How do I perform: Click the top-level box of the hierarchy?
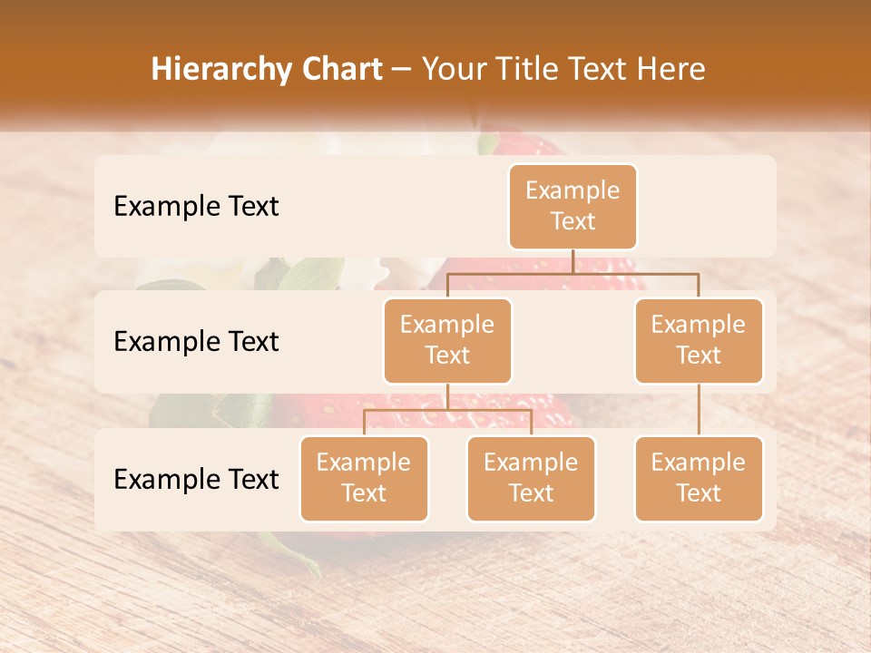click(x=573, y=206)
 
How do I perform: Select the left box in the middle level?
click(x=447, y=340)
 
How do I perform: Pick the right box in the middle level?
click(x=699, y=340)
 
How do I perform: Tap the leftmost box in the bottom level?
click(x=364, y=478)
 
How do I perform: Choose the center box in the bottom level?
click(x=531, y=478)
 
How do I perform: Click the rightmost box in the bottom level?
click(x=699, y=478)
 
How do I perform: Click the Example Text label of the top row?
click(x=196, y=206)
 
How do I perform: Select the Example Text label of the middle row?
click(x=196, y=341)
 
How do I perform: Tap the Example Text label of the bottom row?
click(x=196, y=479)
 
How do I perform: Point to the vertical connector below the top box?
click(x=573, y=261)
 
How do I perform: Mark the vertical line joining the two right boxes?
click(x=699, y=409)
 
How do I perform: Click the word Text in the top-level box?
click(x=573, y=221)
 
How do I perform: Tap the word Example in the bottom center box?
click(x=531, y=463)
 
